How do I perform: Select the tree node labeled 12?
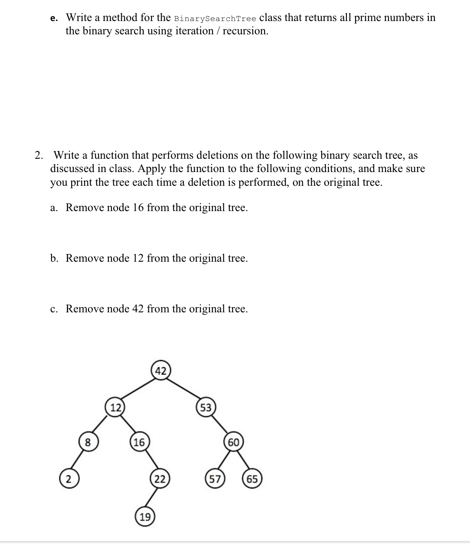115,407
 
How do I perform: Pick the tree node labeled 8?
88,443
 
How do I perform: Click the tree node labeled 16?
140,443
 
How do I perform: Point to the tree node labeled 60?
234,443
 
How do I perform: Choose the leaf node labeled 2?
68,479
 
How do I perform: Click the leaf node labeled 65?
252,479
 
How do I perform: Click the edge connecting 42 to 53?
184,389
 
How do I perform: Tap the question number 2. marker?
39,155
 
